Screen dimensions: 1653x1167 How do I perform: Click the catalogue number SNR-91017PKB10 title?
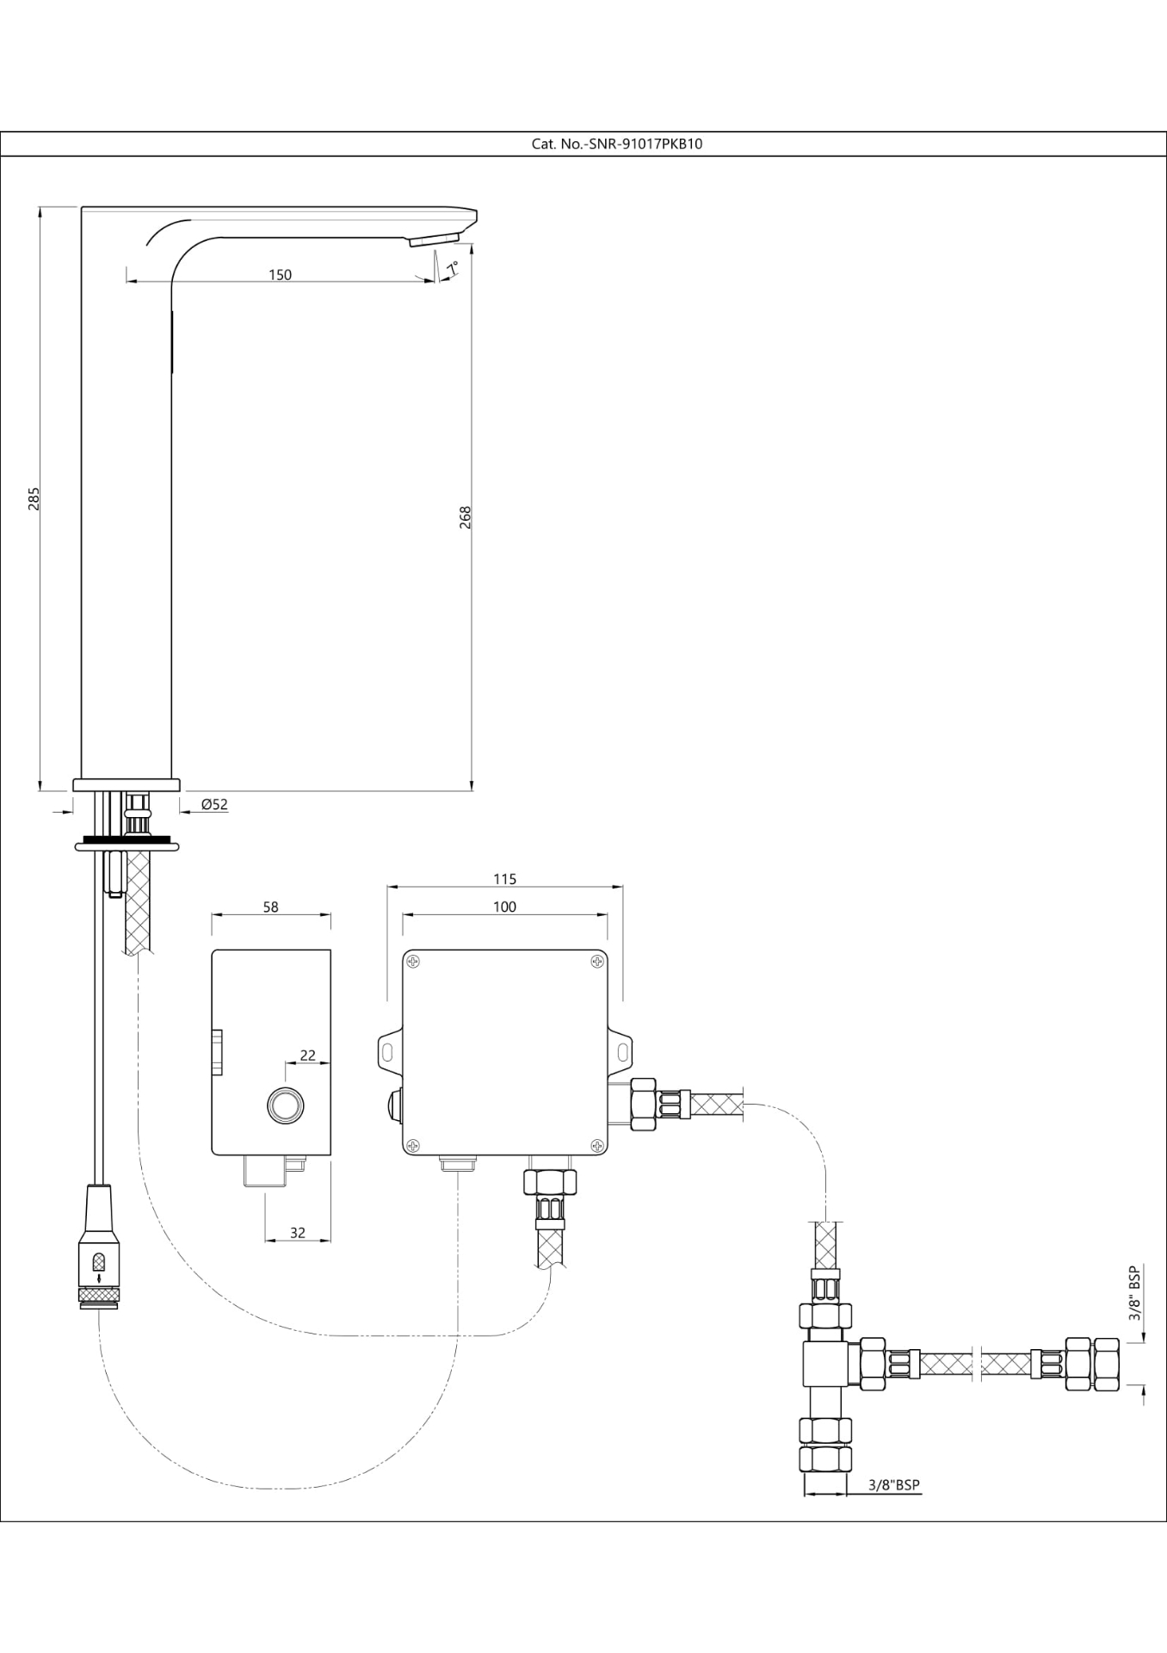[616, 144]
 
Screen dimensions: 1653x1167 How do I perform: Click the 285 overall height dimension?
[34, 498]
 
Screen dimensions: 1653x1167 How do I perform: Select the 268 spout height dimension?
[466, 517]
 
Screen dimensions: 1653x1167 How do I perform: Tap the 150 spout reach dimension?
[280, 275]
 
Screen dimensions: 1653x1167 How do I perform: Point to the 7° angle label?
[451, 268]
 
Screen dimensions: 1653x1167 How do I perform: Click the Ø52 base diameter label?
[214, 804]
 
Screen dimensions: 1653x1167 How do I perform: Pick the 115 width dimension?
[504, 879]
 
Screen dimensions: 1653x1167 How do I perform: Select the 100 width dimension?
[504, 907]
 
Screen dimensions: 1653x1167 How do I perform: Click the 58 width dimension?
[270, 907]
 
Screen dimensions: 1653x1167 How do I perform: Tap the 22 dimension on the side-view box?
[308, 1055]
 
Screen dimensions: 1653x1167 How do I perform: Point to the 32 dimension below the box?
[297, 1233]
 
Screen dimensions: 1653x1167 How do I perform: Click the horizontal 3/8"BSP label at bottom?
[893, 1485]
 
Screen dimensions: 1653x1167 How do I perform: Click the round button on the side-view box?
[286, 1105]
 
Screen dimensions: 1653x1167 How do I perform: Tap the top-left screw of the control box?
[414, 962]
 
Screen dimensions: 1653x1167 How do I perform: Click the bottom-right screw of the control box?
[596, 1144]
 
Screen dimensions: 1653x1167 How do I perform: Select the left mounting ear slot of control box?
[387, 1052]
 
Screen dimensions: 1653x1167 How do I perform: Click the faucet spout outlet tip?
[434, 240]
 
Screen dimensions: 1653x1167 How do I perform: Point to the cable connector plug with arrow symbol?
[99, 1262]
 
